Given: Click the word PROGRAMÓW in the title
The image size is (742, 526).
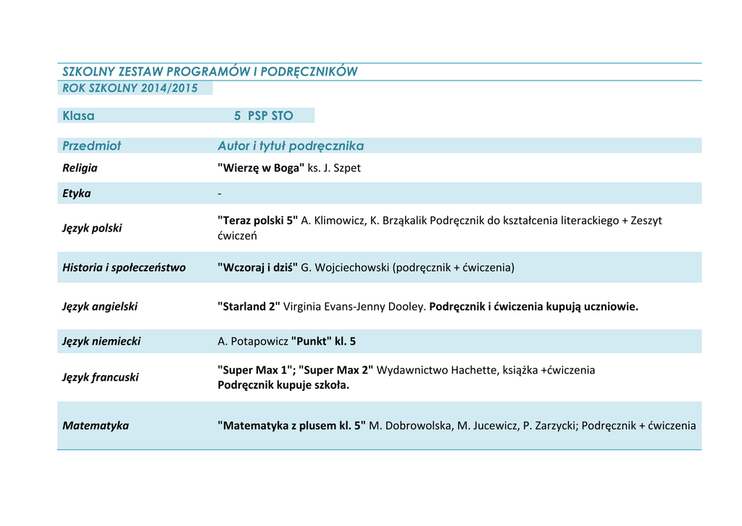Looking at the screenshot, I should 209,71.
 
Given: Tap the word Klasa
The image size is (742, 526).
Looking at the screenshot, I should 78,116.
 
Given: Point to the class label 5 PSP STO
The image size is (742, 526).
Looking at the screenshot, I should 263,116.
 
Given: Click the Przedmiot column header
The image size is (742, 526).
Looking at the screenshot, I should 92,146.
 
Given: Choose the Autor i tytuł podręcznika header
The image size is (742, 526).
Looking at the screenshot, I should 291,146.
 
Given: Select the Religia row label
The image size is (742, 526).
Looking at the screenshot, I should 80,168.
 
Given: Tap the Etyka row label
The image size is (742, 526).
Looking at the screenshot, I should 77,193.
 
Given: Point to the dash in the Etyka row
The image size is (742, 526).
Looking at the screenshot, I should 220,194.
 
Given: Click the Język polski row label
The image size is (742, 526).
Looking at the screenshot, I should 92,228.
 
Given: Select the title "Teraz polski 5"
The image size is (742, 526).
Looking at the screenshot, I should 258,221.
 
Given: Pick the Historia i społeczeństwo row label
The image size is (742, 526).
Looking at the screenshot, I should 124,267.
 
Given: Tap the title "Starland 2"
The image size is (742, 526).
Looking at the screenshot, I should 249,306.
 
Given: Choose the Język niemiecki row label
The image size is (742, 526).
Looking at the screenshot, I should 101,341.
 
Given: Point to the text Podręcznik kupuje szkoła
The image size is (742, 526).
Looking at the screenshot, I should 283,385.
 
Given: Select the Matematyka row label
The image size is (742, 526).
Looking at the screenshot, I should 96,425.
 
